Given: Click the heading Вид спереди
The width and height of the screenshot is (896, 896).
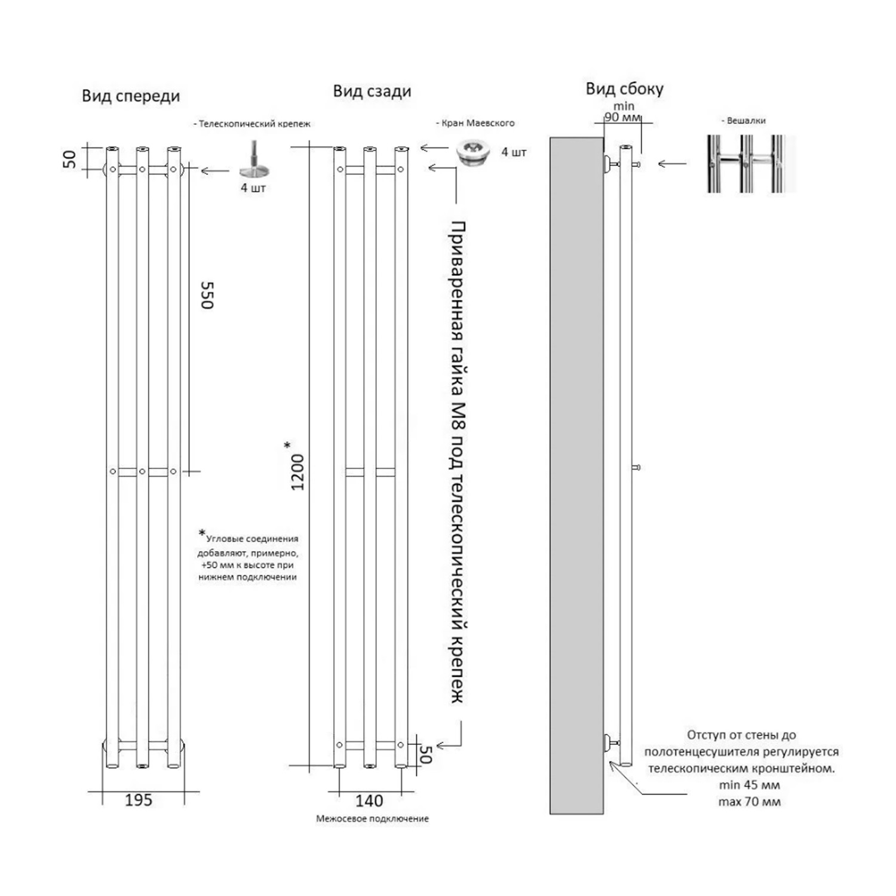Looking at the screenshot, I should click(x=131, y=96).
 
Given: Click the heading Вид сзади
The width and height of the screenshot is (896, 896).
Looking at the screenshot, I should click(x=372, y=91).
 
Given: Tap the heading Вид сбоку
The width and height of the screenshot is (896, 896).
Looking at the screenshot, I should click(x=624, y=89).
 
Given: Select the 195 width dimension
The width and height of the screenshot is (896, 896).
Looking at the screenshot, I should click(x=139, y=800).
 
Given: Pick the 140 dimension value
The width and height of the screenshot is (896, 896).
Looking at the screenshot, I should click(x=369, y=801).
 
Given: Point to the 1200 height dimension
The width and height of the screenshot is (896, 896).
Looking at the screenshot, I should click(x=297, y=472).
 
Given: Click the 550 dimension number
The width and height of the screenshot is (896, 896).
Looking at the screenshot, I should click(x=207, y=295).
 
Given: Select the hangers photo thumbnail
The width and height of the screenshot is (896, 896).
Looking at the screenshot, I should click(x=751, y=163).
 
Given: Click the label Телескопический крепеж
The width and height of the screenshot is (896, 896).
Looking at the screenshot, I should click(x=254, y=124).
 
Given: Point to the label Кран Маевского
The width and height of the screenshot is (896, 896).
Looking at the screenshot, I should click(x=477, y=123).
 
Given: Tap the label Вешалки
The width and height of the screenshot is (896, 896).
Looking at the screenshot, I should click(x=745, y=121).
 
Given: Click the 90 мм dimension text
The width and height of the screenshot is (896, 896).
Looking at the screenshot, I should click(x=622, y=117).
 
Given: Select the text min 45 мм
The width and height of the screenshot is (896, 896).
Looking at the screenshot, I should click(x=749, y=785).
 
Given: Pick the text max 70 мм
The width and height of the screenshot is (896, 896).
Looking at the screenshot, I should click(x=749, y=802).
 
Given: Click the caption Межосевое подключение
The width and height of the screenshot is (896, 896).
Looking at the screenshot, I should click(x=372, y=818).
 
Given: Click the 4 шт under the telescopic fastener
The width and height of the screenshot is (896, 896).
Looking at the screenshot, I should click(x=253, y=188).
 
